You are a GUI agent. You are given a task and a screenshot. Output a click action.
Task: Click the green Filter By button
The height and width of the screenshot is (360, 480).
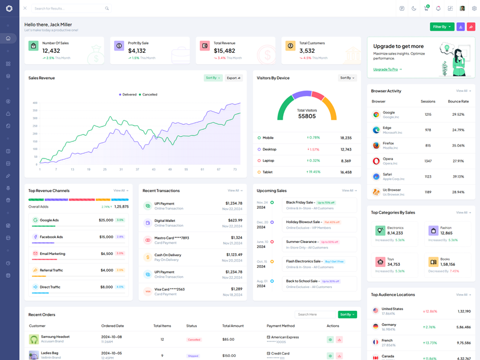(x=442, y=26)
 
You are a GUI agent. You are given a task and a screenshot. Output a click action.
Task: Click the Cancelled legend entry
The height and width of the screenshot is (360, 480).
(x=148, y=94)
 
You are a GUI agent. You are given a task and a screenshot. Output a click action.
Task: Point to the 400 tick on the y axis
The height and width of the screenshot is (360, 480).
(x=35, y=102)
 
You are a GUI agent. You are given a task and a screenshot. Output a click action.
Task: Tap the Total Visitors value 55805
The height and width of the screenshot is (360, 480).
(x=307, y=116)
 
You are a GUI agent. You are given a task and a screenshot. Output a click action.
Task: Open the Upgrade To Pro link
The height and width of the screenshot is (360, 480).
(x=386, y=70)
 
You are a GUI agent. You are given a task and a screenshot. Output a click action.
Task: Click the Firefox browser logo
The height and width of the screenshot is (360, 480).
(x=376, y=145)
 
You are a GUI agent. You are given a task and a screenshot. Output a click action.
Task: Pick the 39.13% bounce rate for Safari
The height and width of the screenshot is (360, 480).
(x=458, y=176)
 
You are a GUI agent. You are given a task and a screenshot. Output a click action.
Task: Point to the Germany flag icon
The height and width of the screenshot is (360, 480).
(x=375, y=326)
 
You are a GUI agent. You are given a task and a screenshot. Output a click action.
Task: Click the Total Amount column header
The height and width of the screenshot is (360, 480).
(x=233, y=326)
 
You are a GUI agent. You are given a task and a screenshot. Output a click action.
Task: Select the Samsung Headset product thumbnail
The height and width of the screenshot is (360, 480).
(x=34, y=339)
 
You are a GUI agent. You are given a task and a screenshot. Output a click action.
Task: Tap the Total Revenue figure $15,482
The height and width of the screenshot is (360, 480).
(x=224, y=51)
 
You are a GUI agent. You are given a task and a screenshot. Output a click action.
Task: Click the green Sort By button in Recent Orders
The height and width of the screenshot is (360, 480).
(x=347, y=314)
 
